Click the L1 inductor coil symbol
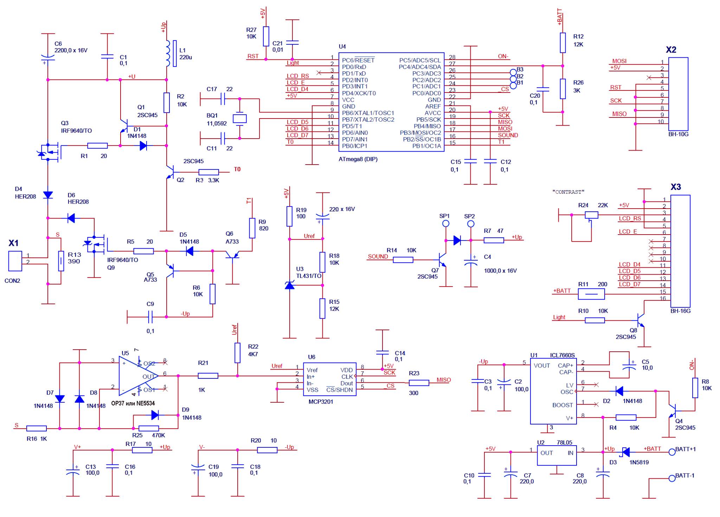coord(168,53)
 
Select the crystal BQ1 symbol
coord(240,119)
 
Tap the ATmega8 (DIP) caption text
coord(358,159)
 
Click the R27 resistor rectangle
coord(266,36)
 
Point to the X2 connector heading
coord(671,50)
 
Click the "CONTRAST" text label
coord(568,192)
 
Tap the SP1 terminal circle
coord(445,223)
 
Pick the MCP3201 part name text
coord(321,402)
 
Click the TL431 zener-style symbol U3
coord(289,285)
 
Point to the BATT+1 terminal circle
coord(672,452)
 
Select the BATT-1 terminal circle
coord(672,478)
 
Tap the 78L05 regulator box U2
coord(557,455)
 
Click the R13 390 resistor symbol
coord(61,261)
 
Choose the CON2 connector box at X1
coord(15,261)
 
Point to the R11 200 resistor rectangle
coord(591,294)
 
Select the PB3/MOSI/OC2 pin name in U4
coord(420,133)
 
